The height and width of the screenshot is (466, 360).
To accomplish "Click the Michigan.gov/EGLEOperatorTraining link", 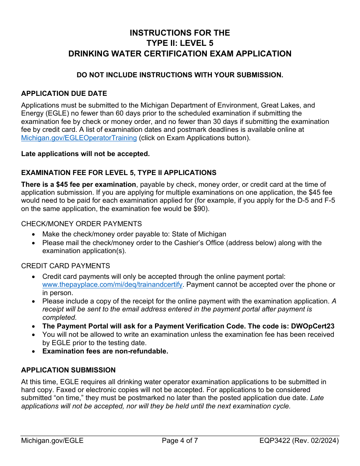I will pyautogui.click(x=79, y=138).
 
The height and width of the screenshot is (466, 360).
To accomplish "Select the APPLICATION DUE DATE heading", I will pyautogui.click(x=64, y=94).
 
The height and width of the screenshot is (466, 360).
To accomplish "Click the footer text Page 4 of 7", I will pyautogui.click(x=180, y=441).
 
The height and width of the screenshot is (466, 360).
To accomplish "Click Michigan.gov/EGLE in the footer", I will pyautogui.click(x=52, y=441).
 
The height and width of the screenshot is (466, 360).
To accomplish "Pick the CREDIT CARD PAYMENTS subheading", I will pyautogui.click(x=66, y=266).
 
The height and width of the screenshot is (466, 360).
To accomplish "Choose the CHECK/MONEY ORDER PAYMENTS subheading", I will pyautogui.click(x=81, y=224).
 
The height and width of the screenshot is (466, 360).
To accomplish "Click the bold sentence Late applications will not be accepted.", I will pyautogui.click(x=85, y=153).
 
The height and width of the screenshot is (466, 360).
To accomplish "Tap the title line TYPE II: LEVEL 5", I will pyautogui.click(x=180, y=43).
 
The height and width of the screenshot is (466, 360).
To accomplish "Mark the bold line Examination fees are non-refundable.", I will pyautogui.click(x=105, y=351).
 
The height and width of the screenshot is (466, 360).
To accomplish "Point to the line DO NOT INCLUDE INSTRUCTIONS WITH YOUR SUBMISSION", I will pyautogui.click(x=180, y=75).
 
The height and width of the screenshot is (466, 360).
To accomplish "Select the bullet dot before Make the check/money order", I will pyautogui.click(x=34, y=235).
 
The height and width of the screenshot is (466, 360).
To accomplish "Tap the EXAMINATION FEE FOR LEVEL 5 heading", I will pyautogui.click(x=119, y=173).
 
